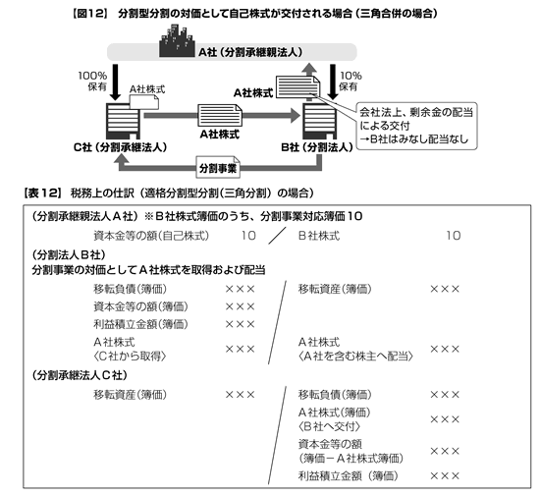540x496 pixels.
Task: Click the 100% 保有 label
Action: point(92,81)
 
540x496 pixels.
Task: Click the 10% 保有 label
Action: point(351,81)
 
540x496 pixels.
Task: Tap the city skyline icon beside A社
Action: point(177,40)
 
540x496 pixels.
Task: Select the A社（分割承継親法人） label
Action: point(250,52)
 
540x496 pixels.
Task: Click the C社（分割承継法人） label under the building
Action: point(120,147)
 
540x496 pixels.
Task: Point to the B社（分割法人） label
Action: point(317,147)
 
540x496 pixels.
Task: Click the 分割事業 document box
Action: point(218,168)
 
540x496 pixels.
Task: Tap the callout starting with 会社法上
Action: point(416,126)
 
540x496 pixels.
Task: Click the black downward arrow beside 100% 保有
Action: point(116,83)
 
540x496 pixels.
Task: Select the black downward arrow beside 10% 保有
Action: point(333,83)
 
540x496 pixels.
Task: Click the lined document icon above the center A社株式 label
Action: point(220,115)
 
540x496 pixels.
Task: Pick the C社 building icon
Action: point(123,121)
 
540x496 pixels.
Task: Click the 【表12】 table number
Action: point(42,193)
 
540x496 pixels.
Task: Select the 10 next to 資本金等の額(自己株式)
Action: point(248,236)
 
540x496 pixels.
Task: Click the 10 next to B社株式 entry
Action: point(454,236)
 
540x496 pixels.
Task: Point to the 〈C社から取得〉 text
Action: point(130,357)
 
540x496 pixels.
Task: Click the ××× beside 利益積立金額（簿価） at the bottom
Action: point(445,476)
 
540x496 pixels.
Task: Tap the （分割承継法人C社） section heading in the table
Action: point(80,375)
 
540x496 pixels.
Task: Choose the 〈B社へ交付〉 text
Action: point(329,426)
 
